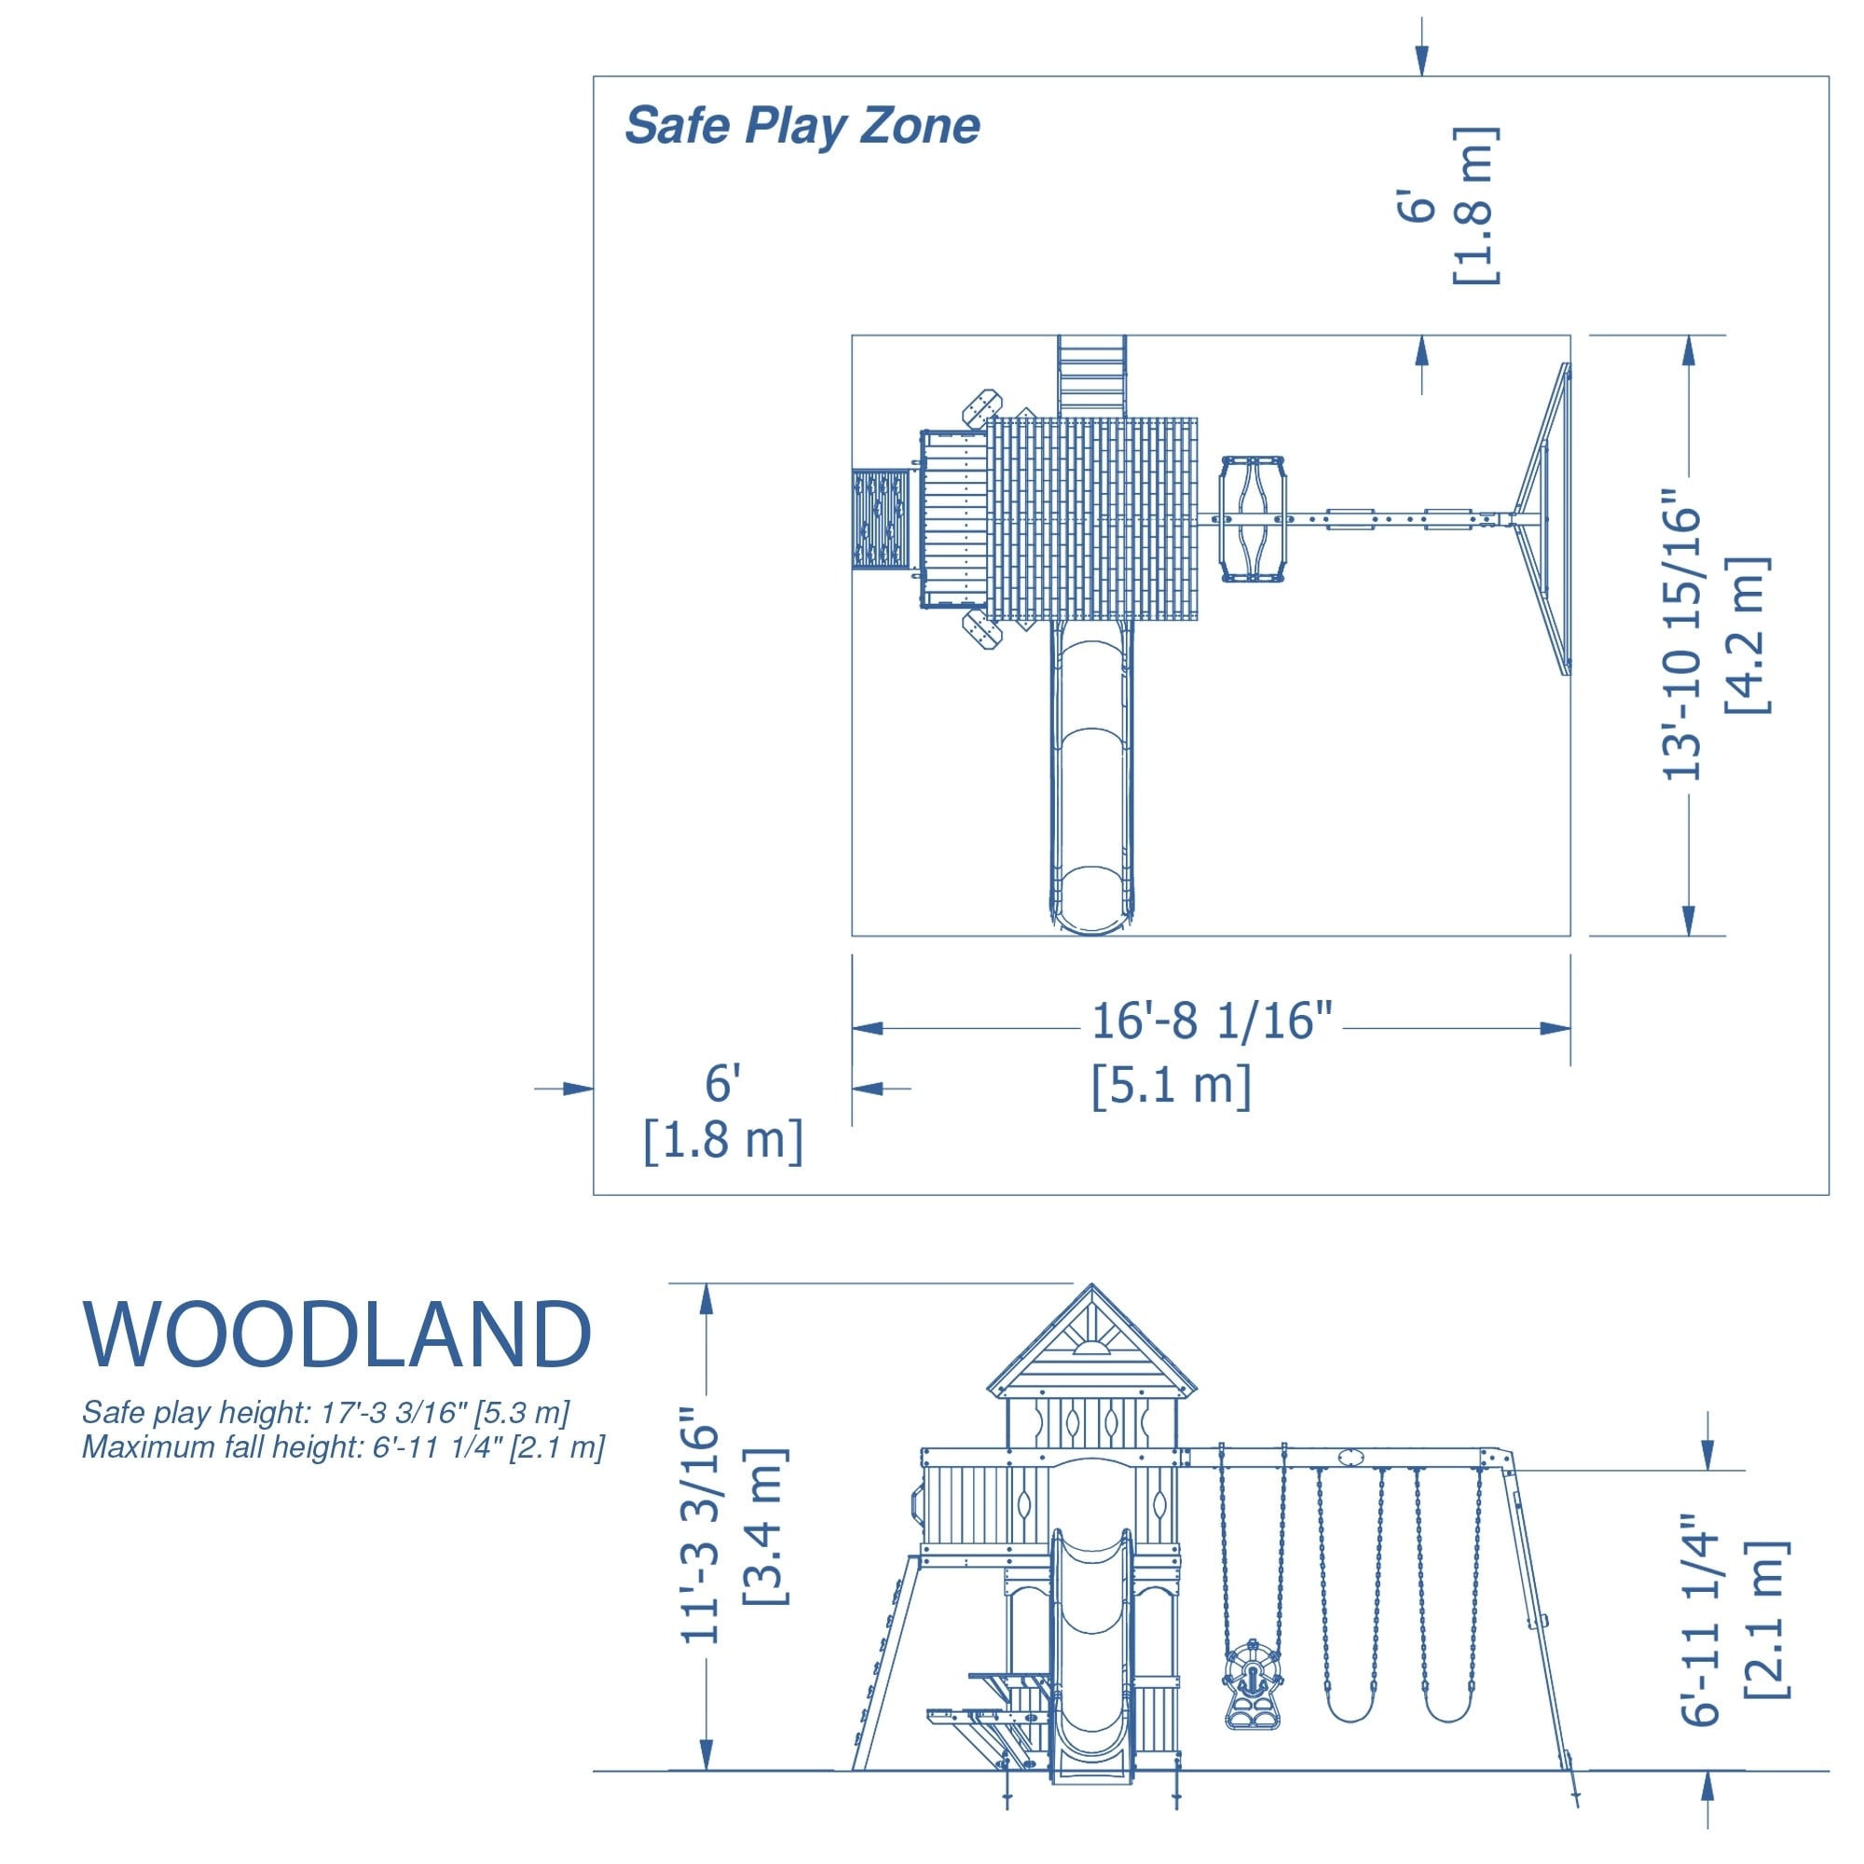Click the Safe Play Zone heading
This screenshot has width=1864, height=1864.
click(x=802, y=126)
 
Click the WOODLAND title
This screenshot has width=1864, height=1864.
click(x=336, y=1336)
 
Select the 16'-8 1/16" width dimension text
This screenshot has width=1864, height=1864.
click(x=1211, y=1021)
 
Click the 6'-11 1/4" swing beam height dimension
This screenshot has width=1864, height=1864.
click(x=1702, y=1620)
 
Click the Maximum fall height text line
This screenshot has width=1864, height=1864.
click(x=342, y=1447)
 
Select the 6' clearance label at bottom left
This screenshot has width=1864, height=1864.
click(x=722, y=1084)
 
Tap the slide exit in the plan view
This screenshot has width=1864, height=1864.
click(x=1092, y=898)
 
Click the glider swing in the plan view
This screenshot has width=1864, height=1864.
click(x=1253, y=519)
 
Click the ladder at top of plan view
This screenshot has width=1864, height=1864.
click(x=1091, y=377)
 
